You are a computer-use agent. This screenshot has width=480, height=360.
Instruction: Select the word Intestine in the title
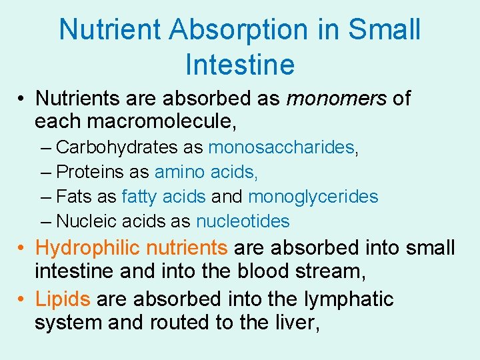click(x=240, y=65)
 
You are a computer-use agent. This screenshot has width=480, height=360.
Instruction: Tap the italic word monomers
click(x=336, y=99)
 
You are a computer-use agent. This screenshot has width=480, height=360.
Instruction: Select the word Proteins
click(x=92, y=172)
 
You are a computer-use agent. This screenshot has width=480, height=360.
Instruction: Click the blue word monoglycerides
click(x=313, y=197)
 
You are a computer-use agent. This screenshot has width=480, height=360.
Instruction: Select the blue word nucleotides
click(x=243, y=221)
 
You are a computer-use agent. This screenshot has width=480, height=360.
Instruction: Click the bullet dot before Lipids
click(x=22, y=300)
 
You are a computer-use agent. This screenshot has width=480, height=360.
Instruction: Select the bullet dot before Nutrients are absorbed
click(x=22, y=99)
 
